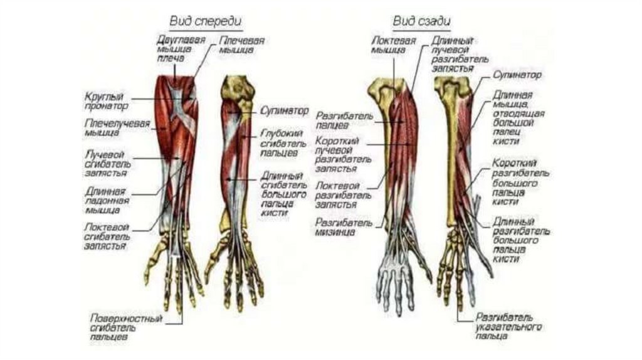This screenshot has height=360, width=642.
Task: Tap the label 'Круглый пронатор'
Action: [x=104, y=102]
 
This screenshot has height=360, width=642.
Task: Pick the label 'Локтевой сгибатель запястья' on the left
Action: [x=107, y=236]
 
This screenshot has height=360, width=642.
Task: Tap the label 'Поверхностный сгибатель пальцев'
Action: [x=126, y=327]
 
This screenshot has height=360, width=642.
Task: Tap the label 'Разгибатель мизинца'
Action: [x=336, y=226]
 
